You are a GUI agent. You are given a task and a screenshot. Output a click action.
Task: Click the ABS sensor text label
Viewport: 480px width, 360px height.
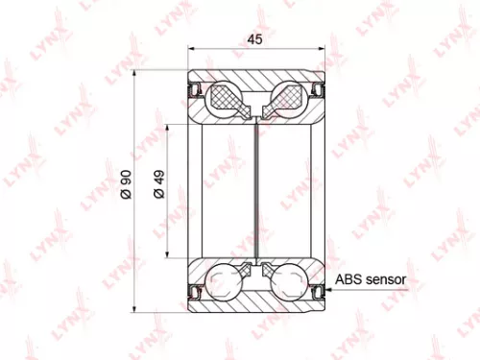coord(371,281)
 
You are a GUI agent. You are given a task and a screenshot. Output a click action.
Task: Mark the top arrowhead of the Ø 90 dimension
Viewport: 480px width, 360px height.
coord(136,73)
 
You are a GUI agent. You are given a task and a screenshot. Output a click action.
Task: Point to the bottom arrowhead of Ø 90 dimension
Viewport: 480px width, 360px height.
coord(136,307)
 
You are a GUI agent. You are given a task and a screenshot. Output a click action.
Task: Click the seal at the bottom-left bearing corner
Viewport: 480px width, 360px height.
coord(195,287)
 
